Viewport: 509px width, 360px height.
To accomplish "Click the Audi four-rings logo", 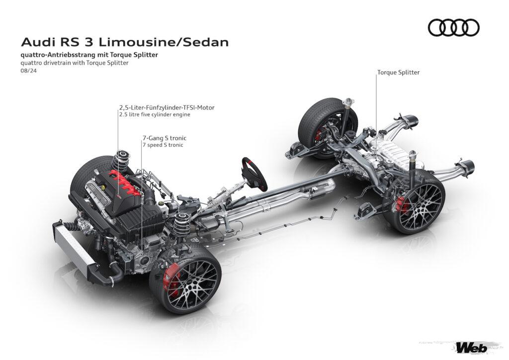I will [x=453, y=27].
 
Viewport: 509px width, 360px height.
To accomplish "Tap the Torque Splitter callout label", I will [x=398, y=73].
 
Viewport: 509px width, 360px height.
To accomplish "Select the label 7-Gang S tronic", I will [x=165, y=138].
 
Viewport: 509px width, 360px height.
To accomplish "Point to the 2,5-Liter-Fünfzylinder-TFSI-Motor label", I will [x=167, y=107].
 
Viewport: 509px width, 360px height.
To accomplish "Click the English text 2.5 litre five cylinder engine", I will [x=155, y=114].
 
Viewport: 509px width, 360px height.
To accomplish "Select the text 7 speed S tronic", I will [x=163, y=145].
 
